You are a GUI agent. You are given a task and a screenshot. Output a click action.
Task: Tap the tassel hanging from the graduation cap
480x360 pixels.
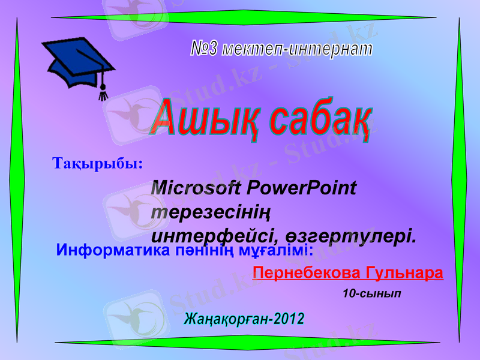[103, 90]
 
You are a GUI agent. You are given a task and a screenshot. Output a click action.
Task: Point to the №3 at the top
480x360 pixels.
[204, 48]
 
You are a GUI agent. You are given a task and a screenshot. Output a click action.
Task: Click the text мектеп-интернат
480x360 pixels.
[298, 49]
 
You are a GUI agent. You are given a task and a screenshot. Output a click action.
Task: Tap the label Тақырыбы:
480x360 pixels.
[98, 163]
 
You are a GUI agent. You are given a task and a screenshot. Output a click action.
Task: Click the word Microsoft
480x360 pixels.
[197, 188]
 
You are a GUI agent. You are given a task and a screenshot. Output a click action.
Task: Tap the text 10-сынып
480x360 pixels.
[372, 294]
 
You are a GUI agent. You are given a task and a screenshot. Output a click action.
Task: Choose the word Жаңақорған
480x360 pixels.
[226, 319]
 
